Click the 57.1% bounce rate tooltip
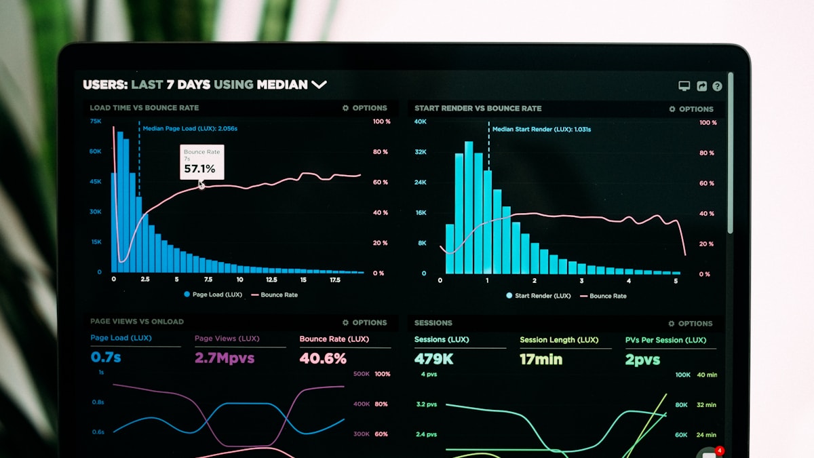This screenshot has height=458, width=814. click(x=201, y=162)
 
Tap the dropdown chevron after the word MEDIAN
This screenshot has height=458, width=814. click(x=319, y=85)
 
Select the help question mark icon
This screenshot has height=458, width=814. click(x=717, y=86)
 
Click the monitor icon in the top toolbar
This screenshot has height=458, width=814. click(x=684, y=86)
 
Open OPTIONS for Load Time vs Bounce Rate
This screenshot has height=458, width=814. click(x=365, y=108)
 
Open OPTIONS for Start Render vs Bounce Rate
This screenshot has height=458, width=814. click(x=691, y=109)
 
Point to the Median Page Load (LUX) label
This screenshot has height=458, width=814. click(x=190, y=128)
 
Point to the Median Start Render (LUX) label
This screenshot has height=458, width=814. click(x=541, y=129)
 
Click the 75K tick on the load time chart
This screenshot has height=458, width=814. click(x=96, y=121)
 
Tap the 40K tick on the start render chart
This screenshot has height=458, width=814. click(x=421, y=121)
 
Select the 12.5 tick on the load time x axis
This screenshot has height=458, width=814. click(x=271, y=280)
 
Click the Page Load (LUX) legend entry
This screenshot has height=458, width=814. click(x=212, y=294)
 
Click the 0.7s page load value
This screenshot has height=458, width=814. click(x=106, y=357)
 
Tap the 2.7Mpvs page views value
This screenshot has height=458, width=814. click(x=225, y=358)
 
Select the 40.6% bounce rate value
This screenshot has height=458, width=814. click(x=323, y=358)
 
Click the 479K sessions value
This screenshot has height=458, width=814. click(x=433, y=359)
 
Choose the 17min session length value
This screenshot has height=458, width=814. click(x=541, y=360)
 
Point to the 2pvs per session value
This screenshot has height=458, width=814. click(x=642, y=360)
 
